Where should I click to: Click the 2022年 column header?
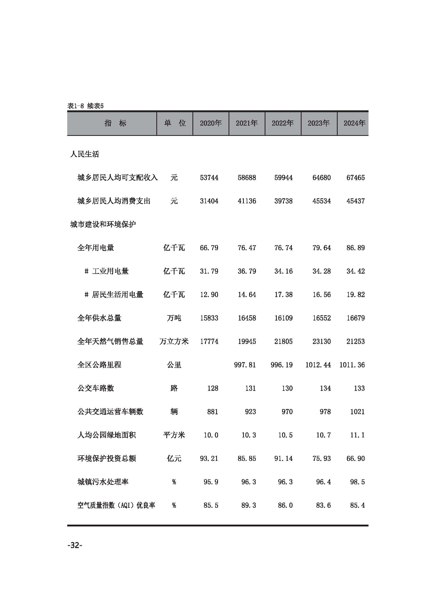pyautogui.click(x=283, y=123)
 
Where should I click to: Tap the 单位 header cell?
pyautogui.click(x=175, y=123)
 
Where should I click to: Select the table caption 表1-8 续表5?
pyautogui.click(x=85, y=106)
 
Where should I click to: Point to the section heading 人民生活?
pyautogui.click(x=85, y=154)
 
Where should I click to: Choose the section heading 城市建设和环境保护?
pyautogui.click(x=103, y=224)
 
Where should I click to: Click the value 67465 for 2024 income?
pyautogui.click(x=355, y=178)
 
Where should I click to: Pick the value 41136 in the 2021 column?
pyautogui.click(x=247, y=201)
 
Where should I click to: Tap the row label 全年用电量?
pyautogui.click(x=96, y=248)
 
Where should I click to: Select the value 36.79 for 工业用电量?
pyautogui.click(x=247, y=271)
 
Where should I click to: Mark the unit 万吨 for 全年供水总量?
pyautogui.click(x=174, y=318)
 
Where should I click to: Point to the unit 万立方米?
pyautogui.click(x=174, y=342)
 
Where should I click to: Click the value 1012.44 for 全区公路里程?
pyautogui.click(x=318, y=365)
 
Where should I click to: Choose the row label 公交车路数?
pyautogui.click(x=96, y=388)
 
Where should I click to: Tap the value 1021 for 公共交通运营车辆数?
pyautogui.click(x=357, y=412)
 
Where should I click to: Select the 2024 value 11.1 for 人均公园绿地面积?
pyautogui.click(x=357, y=435)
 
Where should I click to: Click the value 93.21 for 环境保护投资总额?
pyautogui.click(x=209, y=459)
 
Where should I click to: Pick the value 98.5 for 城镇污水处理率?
pyautogui.click(x=357, y=482)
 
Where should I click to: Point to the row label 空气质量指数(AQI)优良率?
pyautogui.click(x=116, y=505)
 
